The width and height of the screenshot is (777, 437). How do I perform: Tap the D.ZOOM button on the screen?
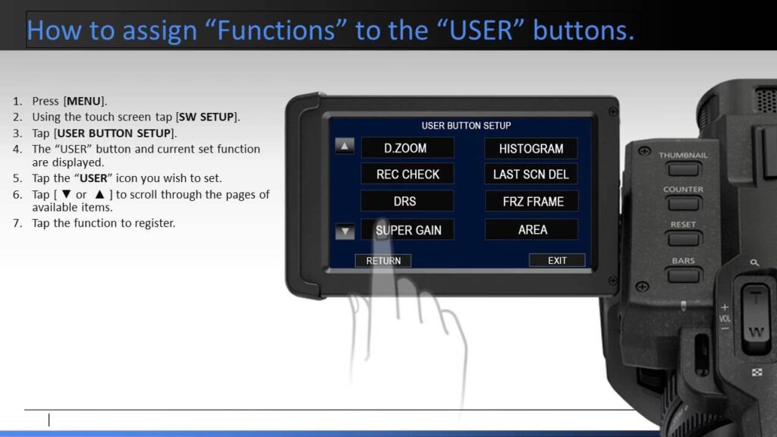pos(407,148)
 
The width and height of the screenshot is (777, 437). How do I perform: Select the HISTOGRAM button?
pos(530,149)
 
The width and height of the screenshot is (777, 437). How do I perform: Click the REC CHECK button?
pos(407,174)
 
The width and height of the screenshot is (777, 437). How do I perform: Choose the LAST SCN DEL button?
pos(530,174)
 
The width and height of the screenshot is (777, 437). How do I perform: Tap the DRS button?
pos(407,201)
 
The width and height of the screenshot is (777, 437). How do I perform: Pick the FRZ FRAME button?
pos(531,202)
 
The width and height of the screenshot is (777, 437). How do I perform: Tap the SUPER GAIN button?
pos(407,230)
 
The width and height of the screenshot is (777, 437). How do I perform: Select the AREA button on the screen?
pos(531,230)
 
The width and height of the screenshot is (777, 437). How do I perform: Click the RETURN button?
pos(383,261)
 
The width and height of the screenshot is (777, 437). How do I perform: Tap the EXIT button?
pos(557,260)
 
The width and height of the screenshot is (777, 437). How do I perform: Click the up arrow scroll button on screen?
pos(344,146)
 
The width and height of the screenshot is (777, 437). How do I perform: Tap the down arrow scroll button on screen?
pos(345,231)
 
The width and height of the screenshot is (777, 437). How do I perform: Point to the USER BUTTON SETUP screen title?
pos(466,126)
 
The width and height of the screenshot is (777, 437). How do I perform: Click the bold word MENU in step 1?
pos(83,101)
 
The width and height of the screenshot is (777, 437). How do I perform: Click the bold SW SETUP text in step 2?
pos(206,117)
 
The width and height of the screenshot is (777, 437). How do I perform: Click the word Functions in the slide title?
pos(275,30)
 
